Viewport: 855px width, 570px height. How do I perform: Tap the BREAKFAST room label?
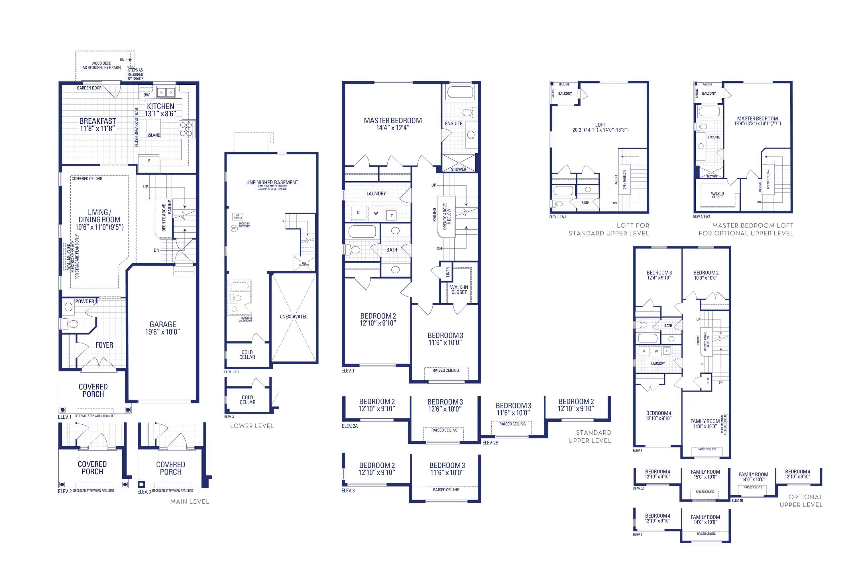pyautogui.click(x=97, y=121)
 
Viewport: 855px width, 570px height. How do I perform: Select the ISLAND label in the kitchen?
pyautogui.click(x=154, y=135)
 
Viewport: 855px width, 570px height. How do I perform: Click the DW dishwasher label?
pyautogui.click(x=146, y=95)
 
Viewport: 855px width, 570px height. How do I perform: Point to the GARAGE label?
pyautogui.click(x=162, y=324)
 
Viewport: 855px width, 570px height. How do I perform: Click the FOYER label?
pyautogui.click(x=104, y=345)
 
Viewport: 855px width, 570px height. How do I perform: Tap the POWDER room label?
pyautogui.click(x=85, y=301)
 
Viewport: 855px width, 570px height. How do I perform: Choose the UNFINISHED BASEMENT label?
pyautogui.click(x=272, y=182)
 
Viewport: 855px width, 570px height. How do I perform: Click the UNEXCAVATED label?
pyautogui.click(x=293, y=317)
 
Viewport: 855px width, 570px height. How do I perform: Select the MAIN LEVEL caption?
pyautogui.click(x=190, y=502)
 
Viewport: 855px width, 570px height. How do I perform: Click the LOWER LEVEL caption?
pyautogui.click(x=252, y=426)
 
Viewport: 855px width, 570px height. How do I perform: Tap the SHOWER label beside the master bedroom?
pyautogui.click(x=458, y=169)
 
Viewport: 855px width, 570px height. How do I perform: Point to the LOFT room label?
pyautogui.click(x=600, y=125)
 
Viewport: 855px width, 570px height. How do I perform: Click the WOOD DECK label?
pyautogui.click(x=101, y=63)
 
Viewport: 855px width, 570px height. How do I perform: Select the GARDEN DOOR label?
pyautogui.click(x=89, y=88)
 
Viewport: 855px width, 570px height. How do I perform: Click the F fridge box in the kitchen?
pyautogui.click(x=149, y=161)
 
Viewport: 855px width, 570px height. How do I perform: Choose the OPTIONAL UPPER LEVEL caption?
pyautogui.click(x=801, y=501)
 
